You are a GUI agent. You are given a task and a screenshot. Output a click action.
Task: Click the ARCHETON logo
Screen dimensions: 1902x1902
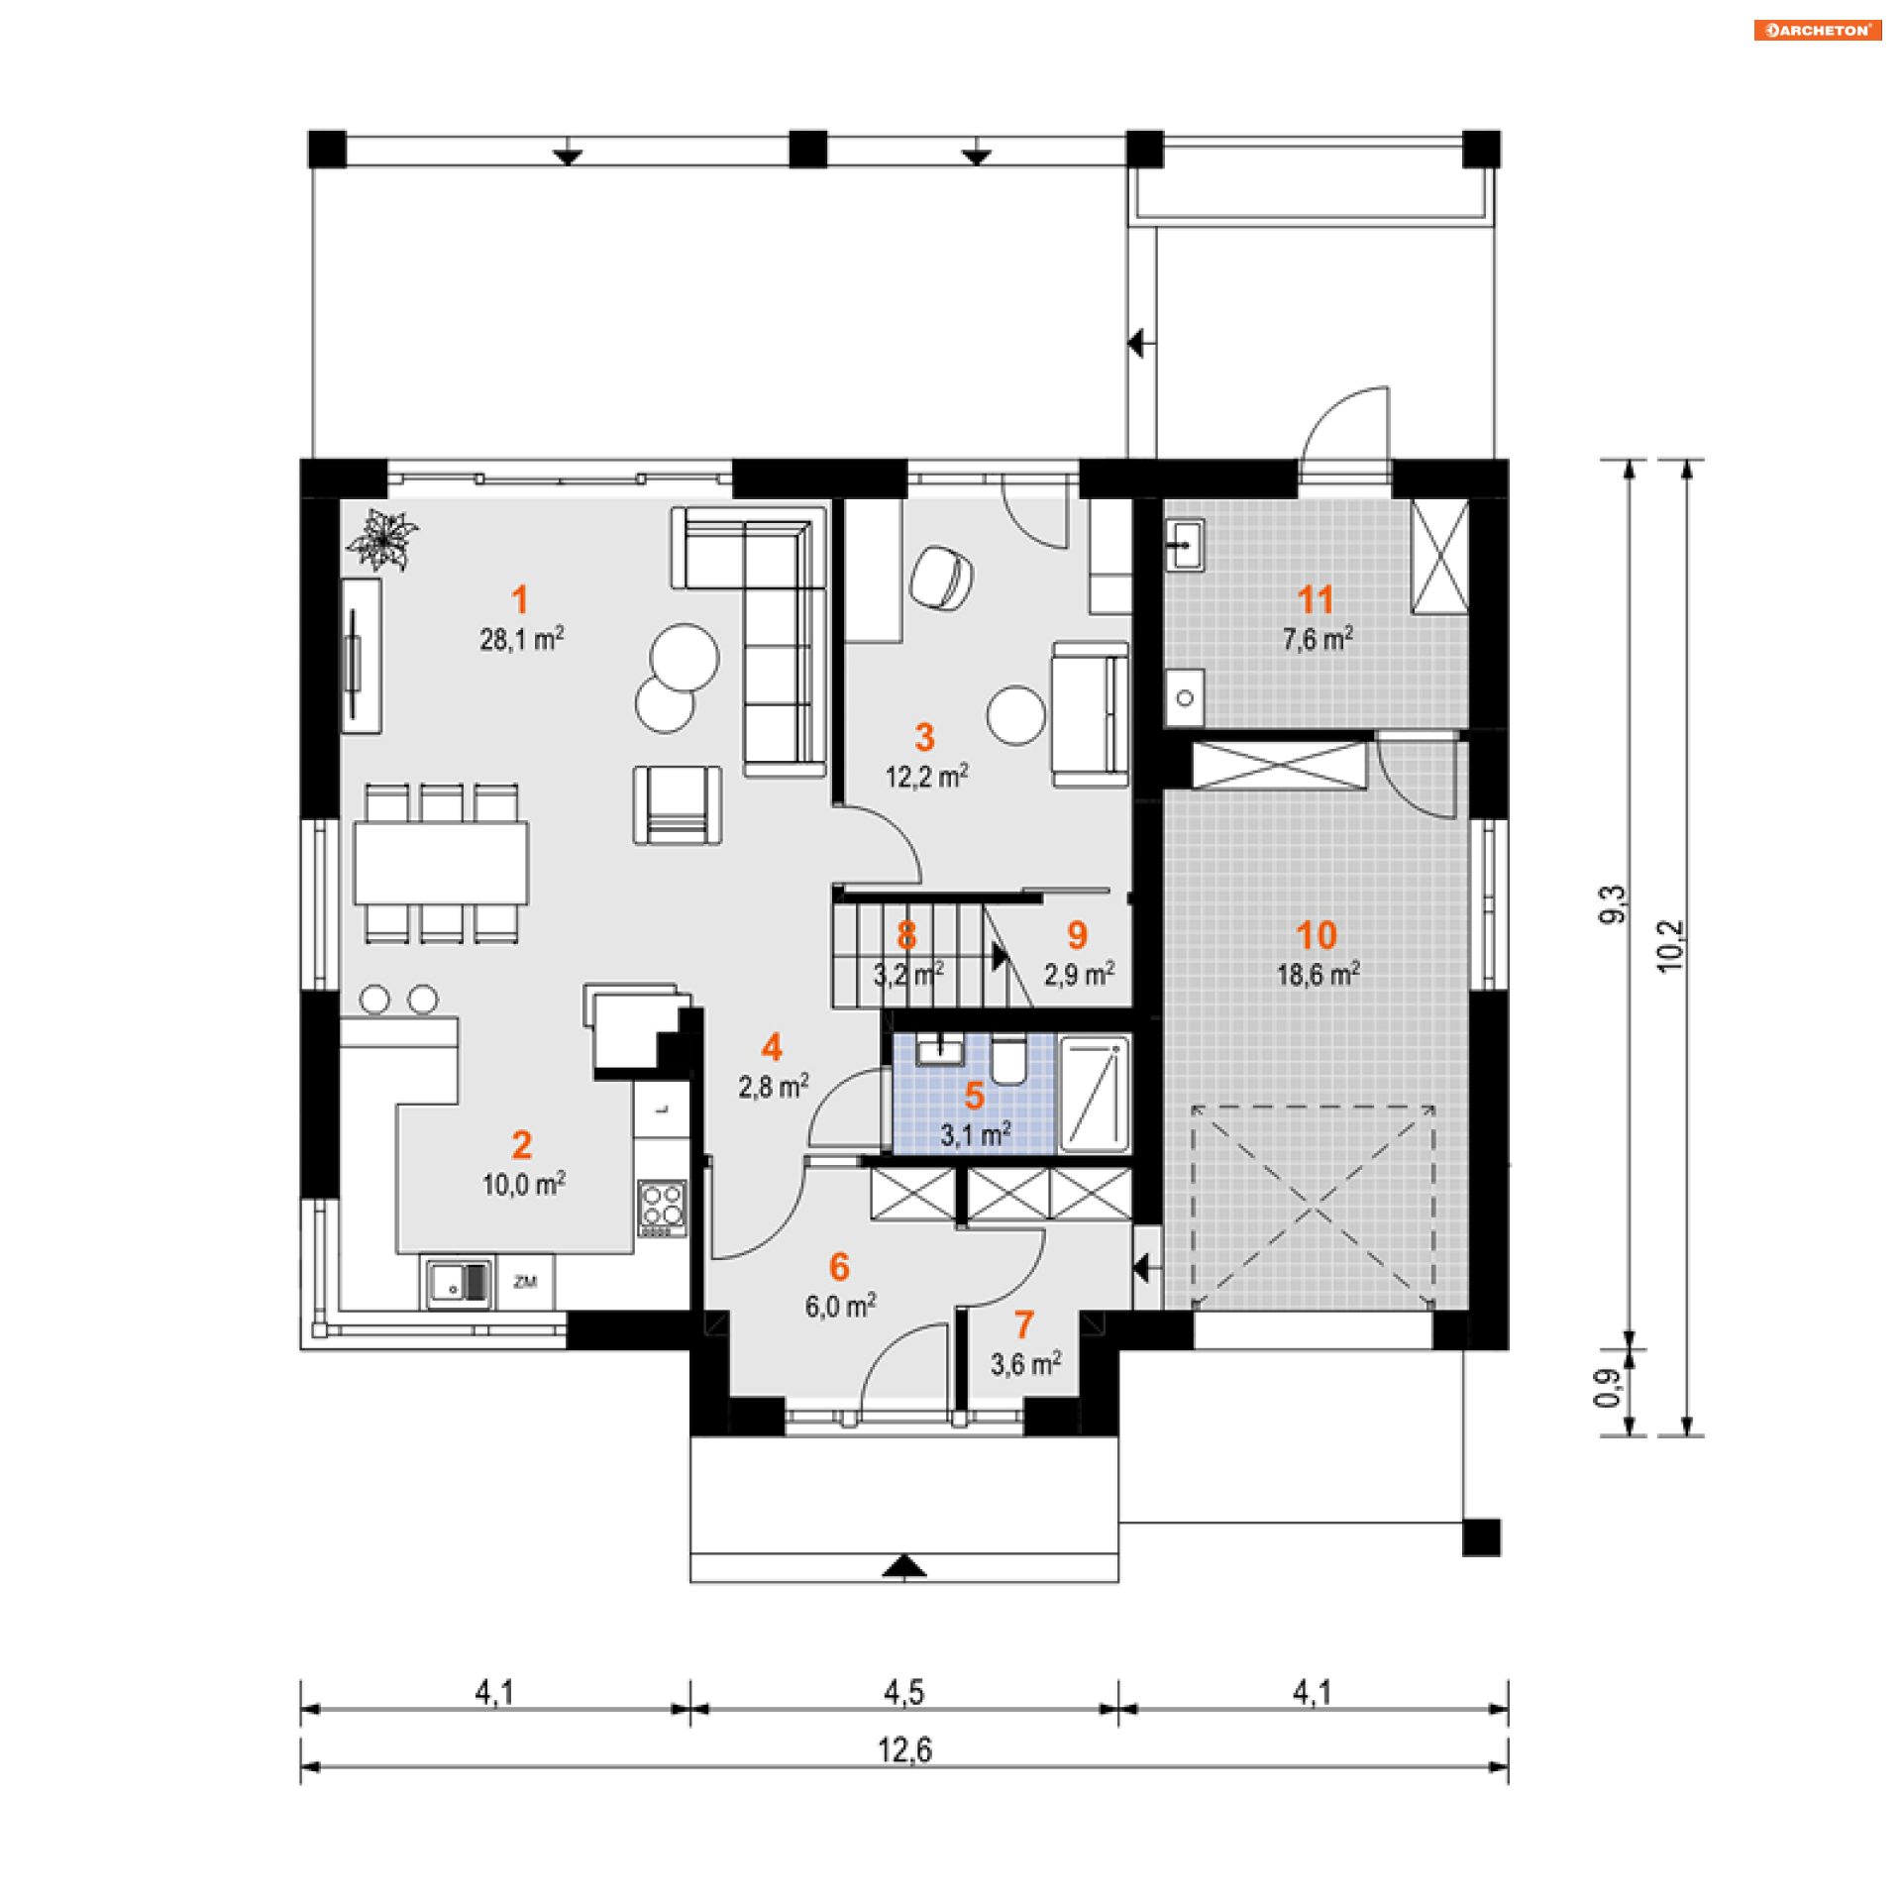pyautogui.click(x=1817, y=30)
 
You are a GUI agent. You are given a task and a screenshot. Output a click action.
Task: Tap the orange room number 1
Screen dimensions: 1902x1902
pyautogui.click(x=519, y=599)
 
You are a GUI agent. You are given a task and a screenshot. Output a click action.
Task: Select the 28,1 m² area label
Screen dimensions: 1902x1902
pyautogui.click(x=522, y=639)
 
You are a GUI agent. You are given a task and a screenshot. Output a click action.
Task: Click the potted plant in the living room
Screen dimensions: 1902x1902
pyautogui.click(x=380, y=540)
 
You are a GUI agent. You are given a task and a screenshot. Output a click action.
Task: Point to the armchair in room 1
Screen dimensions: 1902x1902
pyautogui.click(x=678, y=804)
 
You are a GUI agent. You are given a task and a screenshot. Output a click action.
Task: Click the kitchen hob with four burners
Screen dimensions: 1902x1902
pyautogui.click(x=662, y=1208)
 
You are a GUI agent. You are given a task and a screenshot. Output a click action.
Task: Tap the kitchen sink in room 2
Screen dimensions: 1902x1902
pyautogui.click(x=459, y=1284)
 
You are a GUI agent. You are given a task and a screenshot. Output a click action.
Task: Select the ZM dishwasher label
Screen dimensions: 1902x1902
pyautogui.click(x=525, y=1282)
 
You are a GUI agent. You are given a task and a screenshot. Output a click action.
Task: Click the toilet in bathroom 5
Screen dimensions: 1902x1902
pyautogui.click(x=1008, y=1059)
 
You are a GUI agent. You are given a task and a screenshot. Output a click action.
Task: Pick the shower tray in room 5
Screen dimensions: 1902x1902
pyautogui.click(x=1095, y=1095)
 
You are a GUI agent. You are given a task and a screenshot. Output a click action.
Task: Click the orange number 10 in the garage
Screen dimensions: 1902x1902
pyautogui.click(x=1317, y=935)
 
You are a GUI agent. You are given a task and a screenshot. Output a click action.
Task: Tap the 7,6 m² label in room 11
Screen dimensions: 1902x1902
pyautogui.click(x=1319, y=639)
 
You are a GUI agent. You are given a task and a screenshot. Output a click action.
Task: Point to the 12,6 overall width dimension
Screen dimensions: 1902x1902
pyautogui.click(x=904, y=1750)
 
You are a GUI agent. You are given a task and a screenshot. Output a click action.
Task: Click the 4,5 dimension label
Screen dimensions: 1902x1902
pyautogui.click(x=903, y=1693)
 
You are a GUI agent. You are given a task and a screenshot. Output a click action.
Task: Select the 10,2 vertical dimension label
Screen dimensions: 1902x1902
pyautogui.click(x=1670, y=946)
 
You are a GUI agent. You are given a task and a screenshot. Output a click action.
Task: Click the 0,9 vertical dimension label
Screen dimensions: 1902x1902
pyautogui.click(x=1608, y=1388)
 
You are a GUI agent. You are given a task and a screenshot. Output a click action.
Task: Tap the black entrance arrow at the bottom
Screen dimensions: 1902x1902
pyautogui.click(x=904, y=1565)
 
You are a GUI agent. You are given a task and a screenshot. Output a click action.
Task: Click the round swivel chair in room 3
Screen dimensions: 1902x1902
pyautogui.click(x=941, y=579)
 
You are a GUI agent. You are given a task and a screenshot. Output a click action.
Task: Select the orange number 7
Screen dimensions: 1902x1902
pyautogui.click(x=1024, y=1325)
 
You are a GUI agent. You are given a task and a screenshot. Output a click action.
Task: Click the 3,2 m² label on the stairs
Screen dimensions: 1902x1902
pyautogui.click(x=908, y=974)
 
